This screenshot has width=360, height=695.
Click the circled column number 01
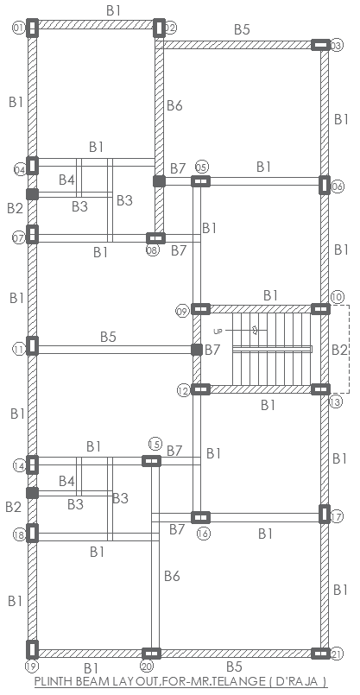coord(17,28)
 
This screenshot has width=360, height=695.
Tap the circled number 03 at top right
coord(337,45)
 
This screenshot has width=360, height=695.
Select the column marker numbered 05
coord(201,166)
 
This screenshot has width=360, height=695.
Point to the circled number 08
coord(153,250)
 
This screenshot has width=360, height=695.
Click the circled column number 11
coord(18,350)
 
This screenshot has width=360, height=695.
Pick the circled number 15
coord(155,444)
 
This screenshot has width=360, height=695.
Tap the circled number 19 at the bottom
coord(31,667)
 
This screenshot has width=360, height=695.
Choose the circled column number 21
coord(337,654)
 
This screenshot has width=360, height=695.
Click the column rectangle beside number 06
coord(324,184)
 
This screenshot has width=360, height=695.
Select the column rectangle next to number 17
coord(324,515)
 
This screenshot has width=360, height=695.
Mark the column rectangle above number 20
coord(150,654)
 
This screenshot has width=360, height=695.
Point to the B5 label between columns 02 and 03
coord(242,29)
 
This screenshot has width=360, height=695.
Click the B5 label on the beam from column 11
coord(108,336)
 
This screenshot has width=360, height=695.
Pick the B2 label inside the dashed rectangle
coord(339,350)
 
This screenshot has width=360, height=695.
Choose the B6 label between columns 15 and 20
coord(172,576)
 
